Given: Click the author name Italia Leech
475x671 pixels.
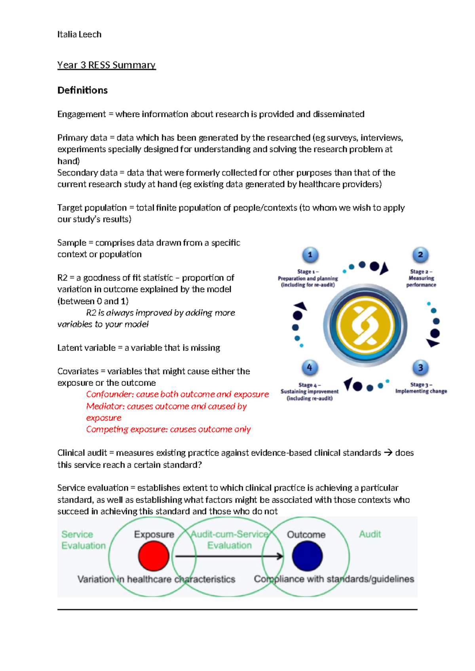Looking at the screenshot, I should coord(79,34).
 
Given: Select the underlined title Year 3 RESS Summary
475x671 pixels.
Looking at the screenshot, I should coord(106,65).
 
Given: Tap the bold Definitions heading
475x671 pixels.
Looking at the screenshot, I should coord(82,90).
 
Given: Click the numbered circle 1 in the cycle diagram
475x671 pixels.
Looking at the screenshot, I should coord(310,255).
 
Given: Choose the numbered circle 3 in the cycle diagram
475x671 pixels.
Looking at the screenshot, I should coord(420,368).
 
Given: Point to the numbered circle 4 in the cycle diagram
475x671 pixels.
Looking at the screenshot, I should coord(310,368).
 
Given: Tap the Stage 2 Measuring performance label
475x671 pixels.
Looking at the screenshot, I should coord(421,278).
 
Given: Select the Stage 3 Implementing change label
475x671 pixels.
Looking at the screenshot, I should coord(421,388).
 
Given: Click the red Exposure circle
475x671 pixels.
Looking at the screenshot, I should coord(154,556).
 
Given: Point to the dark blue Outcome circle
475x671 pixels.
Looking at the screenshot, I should coord(307,556).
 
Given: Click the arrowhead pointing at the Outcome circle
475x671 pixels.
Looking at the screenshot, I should coord(280,556).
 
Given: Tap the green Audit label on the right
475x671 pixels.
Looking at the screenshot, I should coord(370,534).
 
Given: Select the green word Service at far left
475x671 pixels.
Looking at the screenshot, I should coord(77,535).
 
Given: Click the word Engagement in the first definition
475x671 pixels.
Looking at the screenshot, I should coord(82,114).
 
